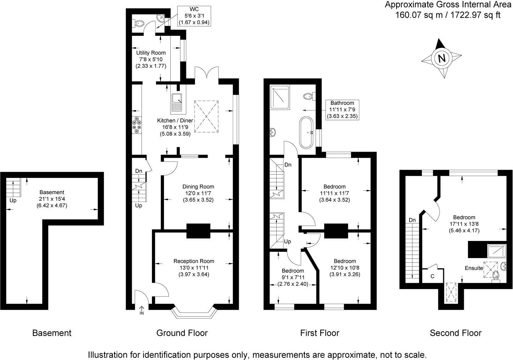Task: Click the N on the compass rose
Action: pos(441,58)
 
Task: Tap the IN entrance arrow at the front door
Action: pos(142,311)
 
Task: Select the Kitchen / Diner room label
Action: pos(175,121)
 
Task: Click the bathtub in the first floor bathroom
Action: pos(306,133)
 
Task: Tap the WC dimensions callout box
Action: pos(194,16)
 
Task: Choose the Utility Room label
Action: pos(151,53)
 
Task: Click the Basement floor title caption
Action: pos(52,333)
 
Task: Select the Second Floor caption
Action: pos(455,333)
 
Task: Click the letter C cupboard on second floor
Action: pos(432,276)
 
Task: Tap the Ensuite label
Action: pos(474,268)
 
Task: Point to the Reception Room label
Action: pos(193,261)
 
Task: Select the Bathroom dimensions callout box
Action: pos(343,109)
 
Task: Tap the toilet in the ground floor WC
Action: pos(139,23)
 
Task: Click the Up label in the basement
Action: pos(13,200)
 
